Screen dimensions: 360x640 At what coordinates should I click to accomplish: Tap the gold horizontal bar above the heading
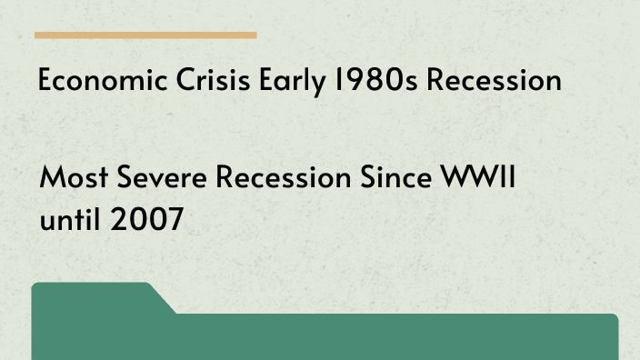(x=145, y=35)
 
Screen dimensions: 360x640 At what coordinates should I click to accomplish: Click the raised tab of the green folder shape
(x=91, y=295)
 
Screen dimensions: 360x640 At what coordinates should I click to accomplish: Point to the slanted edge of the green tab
(x=162, y=299)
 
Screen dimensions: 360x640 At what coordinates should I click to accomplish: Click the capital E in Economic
(x=45, y=82)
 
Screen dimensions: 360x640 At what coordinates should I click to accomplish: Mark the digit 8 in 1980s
(x=365, y=82)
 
